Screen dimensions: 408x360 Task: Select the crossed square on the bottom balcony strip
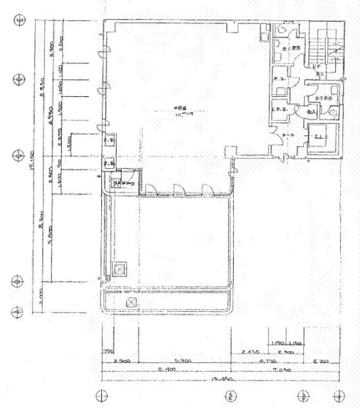[131, 302]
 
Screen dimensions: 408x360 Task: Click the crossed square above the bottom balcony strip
[119, 270]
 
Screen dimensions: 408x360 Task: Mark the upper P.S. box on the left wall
[109, 141]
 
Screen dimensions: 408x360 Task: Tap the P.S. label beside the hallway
[279, 78]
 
